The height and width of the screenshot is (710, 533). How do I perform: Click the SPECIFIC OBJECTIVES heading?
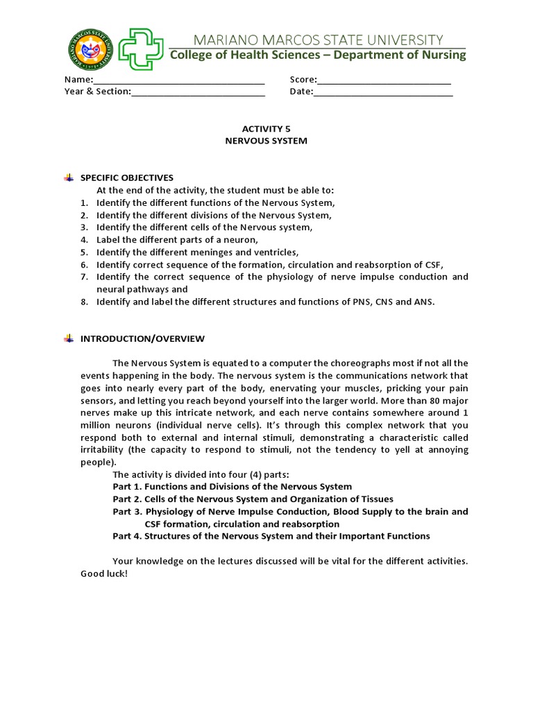click(x=127, y=178)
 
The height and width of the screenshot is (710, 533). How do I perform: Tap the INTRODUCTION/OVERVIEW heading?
click(x=143, y=339)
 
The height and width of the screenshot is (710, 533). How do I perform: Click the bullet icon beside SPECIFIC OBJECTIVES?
click(x=68, y=178)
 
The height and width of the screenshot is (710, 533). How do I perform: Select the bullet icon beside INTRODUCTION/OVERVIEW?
click(x=68, y=339)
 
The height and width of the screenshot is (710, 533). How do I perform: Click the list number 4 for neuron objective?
click(x=83, y=240)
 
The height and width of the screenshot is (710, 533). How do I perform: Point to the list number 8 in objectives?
click(x=83, y=302)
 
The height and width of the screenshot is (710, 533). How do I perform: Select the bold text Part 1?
click(x=128, y=487)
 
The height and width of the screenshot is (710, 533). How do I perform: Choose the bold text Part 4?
click(x=128, y=536)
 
